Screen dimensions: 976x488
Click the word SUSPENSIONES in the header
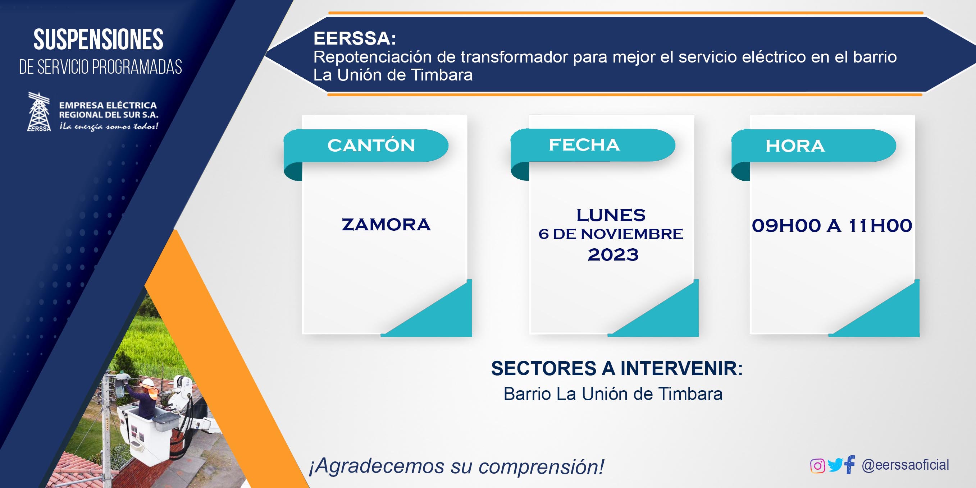pos(99,40)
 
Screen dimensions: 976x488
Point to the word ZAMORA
pos(386,225)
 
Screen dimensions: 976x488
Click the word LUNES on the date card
pos(611,215)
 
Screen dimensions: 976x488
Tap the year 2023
pos(613,254)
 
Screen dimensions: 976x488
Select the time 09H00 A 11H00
pos(832,226)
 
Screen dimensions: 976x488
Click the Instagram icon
pos(817,466)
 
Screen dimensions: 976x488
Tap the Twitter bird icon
pos(835,465)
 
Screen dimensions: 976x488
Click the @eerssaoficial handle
pos(905,465)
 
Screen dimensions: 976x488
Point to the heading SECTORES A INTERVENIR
pos(617,368)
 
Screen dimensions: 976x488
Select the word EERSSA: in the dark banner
pos(355,38)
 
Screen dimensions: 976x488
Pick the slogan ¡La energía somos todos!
pos(108,126)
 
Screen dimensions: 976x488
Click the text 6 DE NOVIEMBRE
pos(611,234)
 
